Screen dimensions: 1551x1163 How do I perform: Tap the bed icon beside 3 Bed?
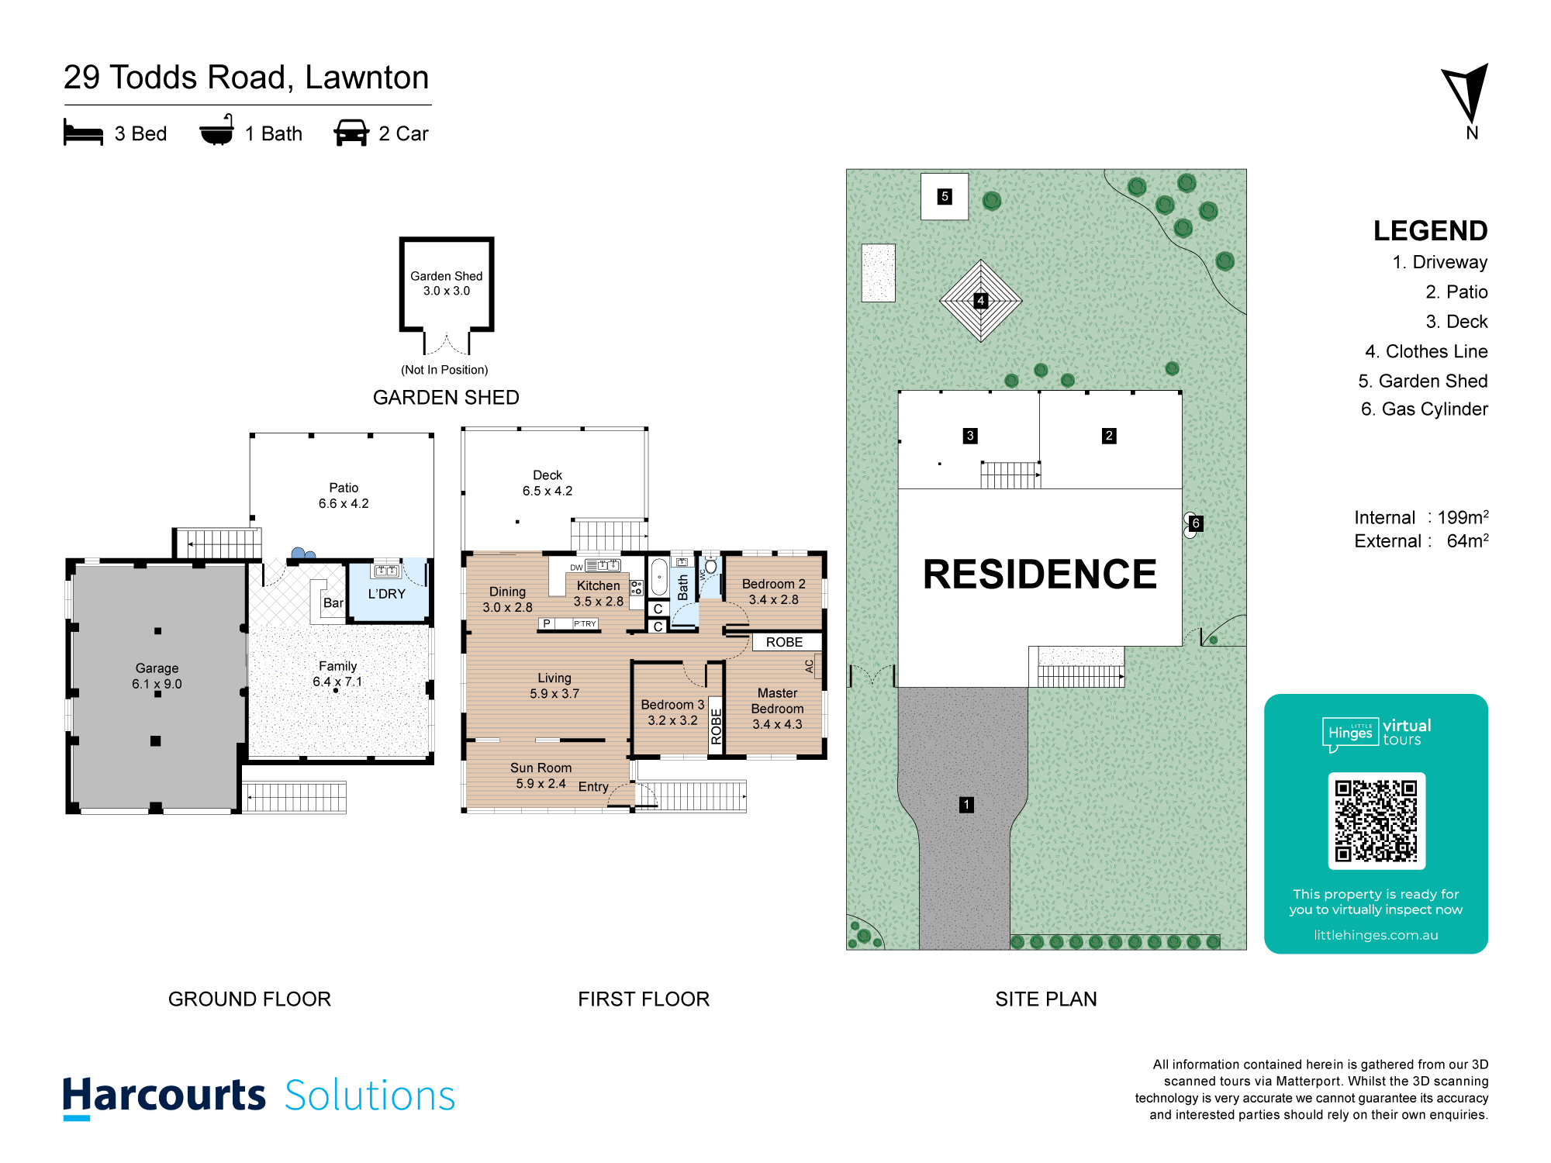(83, 133)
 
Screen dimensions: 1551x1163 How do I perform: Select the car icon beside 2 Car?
(351, 133)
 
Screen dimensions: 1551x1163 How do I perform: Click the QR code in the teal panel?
(1377, 821)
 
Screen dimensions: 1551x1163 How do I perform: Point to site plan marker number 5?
(945, 196)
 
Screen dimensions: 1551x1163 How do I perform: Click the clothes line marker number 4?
(981, 300)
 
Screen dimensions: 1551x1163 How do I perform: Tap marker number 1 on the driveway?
(966, 805)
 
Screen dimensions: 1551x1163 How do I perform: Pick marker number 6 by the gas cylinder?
(1196, 523)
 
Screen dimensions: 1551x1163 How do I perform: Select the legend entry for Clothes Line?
(1426, 351)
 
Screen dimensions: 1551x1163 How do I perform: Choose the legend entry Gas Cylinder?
(1425, 409)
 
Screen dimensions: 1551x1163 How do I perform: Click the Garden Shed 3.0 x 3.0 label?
(447, 283)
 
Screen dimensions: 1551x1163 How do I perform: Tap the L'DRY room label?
(387, 594)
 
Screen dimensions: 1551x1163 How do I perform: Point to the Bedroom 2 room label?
(774, 592)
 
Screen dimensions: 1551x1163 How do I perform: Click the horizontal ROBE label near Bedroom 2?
(785, 642)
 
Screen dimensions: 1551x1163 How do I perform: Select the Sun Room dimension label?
(541, 775)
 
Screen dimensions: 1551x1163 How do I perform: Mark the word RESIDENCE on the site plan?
(1040, 575)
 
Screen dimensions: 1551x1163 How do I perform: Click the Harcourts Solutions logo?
(259, 1096)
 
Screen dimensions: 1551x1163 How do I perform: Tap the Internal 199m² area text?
(1421, 517)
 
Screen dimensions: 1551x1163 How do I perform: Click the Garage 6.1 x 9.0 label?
(157, 676)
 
